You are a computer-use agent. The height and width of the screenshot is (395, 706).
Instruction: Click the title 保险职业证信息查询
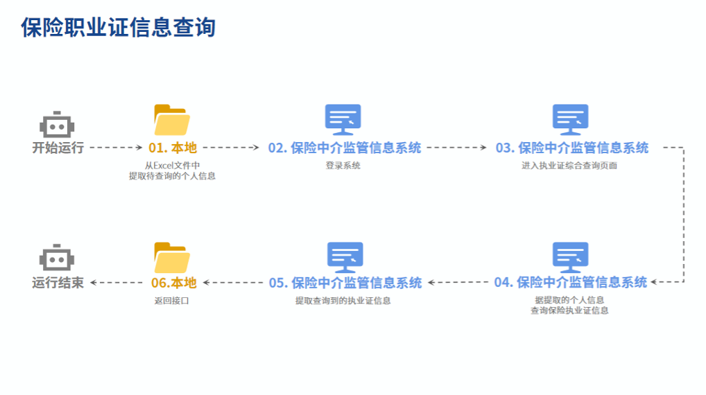[119, 28]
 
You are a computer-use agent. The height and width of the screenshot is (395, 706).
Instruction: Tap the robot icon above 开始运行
[57, 125]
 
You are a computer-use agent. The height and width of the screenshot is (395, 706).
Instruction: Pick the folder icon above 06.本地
[171, 258]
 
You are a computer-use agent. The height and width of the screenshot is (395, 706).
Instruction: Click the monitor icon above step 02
[343, 120]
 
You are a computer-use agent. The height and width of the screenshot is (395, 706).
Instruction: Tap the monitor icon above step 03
[570, 120]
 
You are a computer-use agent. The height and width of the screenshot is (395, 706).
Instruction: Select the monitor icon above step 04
[570, 257]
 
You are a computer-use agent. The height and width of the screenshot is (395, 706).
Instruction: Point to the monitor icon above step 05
[345, 257]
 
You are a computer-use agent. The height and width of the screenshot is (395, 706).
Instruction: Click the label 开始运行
[58, 148]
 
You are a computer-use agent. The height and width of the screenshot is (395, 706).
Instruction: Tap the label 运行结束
[58, 283]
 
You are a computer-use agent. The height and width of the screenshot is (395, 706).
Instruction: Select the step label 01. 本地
[173, 148]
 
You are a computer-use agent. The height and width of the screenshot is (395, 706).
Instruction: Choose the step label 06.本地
[174, 283]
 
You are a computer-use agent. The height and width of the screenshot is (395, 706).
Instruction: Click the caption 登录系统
[343, 166]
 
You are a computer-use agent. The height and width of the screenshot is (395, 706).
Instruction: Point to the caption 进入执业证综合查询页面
[569, 166]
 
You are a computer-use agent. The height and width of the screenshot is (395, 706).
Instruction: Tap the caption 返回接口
[171, 301]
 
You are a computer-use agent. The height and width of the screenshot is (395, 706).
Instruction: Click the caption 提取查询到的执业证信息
[343, 301]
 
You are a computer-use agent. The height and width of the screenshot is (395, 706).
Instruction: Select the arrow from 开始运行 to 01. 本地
[116, 148]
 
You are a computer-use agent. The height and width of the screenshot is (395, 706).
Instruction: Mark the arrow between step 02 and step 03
[458, 148]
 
